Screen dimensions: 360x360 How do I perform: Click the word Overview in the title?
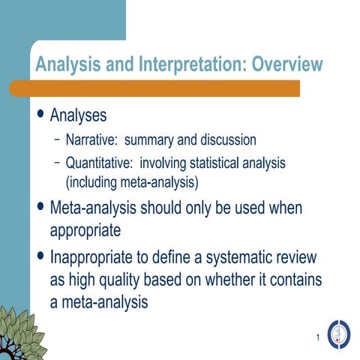tap(287, 64)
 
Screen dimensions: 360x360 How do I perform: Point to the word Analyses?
tap(78, 116)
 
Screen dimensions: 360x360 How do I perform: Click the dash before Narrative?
tap(58, 139)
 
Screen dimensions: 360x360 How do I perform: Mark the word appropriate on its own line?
tap(85, 229)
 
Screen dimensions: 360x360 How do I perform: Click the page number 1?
tap(318, 338)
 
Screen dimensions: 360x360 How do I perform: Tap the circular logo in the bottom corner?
tap(340, 333)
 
